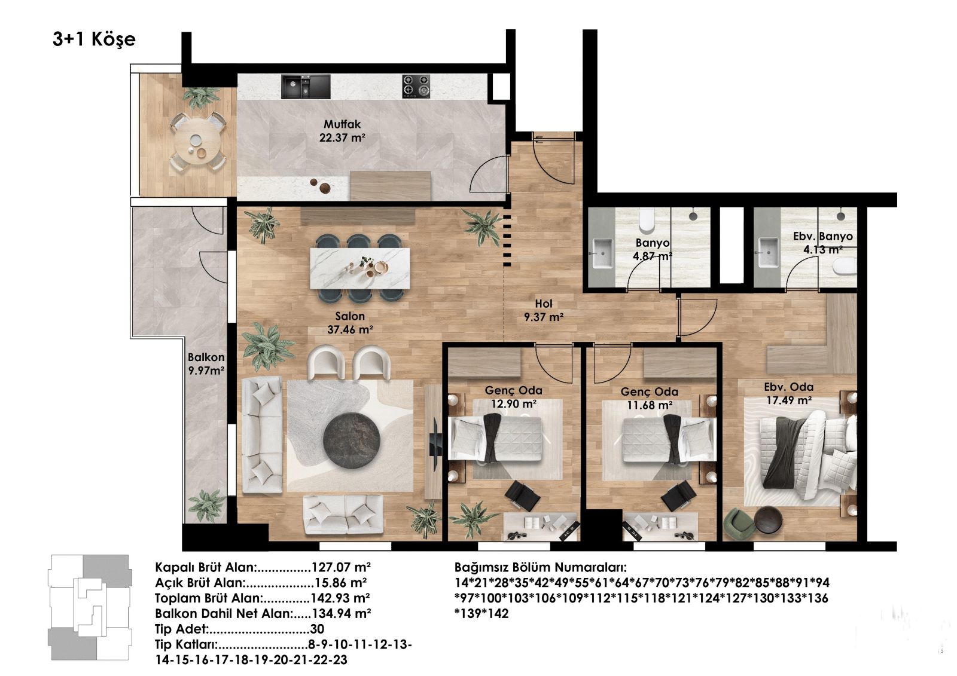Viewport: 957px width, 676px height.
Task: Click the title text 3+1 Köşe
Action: coord(94,39)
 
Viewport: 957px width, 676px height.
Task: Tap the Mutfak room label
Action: coord(342,124)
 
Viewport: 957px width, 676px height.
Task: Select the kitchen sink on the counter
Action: coord(306,87)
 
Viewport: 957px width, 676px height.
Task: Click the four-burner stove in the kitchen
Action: coord(416,86)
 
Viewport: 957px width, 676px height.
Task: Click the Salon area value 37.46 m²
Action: coord(350,330)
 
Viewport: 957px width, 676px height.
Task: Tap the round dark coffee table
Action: coord(351,441)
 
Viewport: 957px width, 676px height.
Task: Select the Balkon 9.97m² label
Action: coord(206,364)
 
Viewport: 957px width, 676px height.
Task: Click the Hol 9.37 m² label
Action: coord(544,310)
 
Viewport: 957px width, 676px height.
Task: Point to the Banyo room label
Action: coord(652,243)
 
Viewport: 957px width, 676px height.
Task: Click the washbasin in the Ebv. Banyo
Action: coord(769,252)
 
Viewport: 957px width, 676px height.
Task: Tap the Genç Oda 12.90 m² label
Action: coord(513,397)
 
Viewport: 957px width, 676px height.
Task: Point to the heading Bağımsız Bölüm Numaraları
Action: coord(540,568)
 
